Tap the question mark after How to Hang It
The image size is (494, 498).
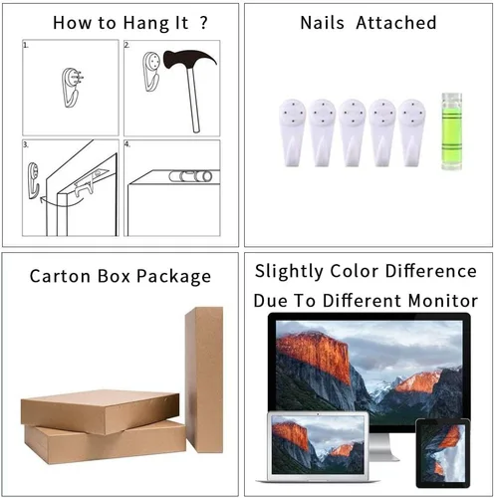[203, 22]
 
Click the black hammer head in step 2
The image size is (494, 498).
[189, 60]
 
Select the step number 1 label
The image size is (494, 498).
[26, 45]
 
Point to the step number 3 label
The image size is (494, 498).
[26, 144]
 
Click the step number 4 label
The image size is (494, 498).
[127, 144]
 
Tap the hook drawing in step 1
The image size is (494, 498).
[72, 88]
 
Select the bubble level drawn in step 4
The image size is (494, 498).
[190, 176]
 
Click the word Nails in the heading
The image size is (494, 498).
[322, 23]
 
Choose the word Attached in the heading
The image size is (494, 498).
[396, 23]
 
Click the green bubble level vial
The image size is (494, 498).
[451, 131]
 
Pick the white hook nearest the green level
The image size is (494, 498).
[411, 132]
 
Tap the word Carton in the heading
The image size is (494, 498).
[60, 276]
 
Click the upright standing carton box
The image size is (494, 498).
[204, 379]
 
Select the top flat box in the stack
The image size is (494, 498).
[101, 411]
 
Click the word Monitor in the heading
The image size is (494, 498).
[443, 301]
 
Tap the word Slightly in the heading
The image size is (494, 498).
[289, 272]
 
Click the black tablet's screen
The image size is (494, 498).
[443, 452]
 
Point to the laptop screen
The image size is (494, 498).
[318, 444]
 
